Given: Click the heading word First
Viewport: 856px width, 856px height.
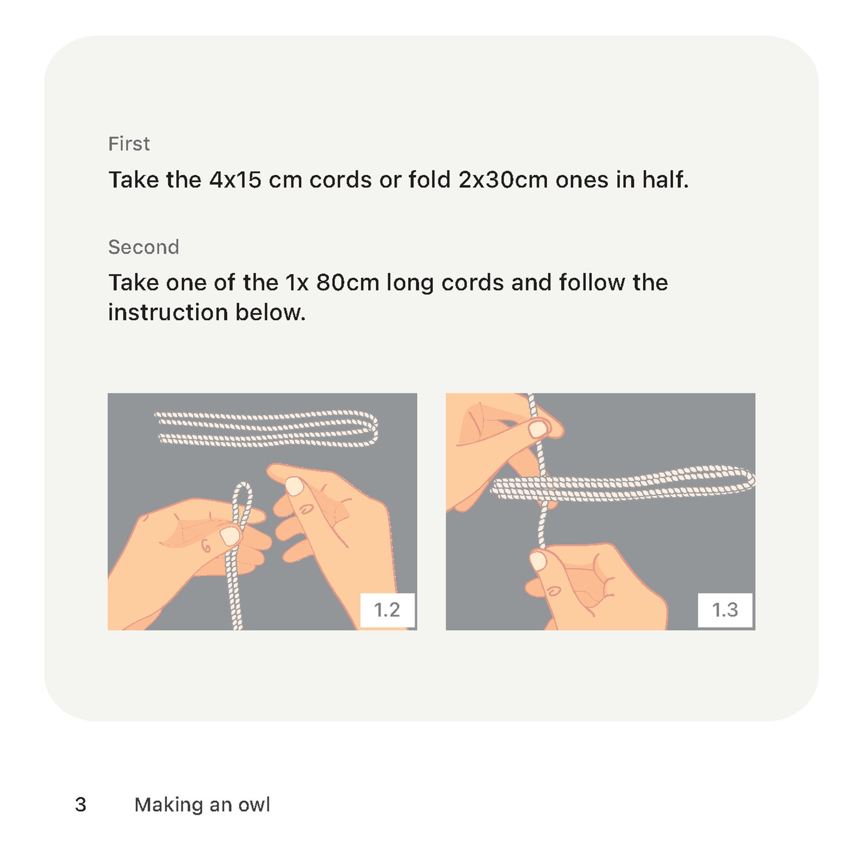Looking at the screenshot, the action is point(129,144).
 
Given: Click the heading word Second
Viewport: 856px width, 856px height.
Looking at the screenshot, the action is point(143,247).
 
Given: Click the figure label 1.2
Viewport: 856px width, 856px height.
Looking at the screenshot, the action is point(387,610).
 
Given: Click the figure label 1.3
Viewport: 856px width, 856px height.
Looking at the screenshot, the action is point(725,610).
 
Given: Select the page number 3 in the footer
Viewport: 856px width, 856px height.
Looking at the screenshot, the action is point(81,804).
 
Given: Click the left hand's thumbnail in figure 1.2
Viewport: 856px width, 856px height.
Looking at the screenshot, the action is point(230,536).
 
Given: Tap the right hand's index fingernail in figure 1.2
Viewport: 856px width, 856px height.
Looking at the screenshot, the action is point(294,486).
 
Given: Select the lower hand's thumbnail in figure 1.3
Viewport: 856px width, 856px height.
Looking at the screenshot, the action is point(538,561).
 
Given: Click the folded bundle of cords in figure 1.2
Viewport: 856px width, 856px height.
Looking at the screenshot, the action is point(266,429).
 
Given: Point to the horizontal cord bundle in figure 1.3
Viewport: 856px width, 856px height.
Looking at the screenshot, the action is point(623,484).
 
